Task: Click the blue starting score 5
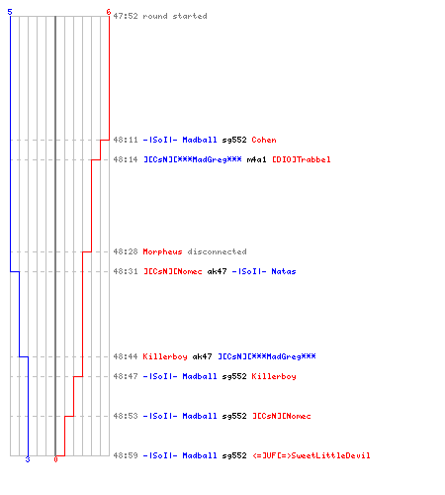pyautogui.click(x=10, y=12)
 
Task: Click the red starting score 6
pyautogui.click(x=109, y=12)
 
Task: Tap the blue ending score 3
pyautogui.click(x=28, y=459)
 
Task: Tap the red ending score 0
pyautogui.click(x=55, y=459)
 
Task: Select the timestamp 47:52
pyautogui.click(x=126, y=16)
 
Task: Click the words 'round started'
pyautogui.click(x=175, y=16)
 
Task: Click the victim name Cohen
pyautogui.click(x=264, y=140)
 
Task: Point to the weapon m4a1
pyautogui.click(x=256, y=159)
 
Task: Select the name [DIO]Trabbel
pyautogui.click(x=302, y=159)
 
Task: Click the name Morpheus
pyautogui.click(x=162, y=251)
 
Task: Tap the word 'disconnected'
pyautogui.click(x=218, y=251)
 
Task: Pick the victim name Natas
pyautogui.click(x=284, y=271)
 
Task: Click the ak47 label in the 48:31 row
pyautogui.click(x=217, y=271)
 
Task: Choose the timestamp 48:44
pyautogui.click(x=126, y=356)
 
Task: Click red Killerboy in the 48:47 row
pyautogui.click(x=274, y=376)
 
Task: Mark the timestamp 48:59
pyautogui.click(x=126, y=455)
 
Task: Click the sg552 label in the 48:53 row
pyautogui.click(x=234, y=416)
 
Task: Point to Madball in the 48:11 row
pyautogui.click(x=200, y=140)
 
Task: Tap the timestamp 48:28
pyautogui.click(x=126, y=251)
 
